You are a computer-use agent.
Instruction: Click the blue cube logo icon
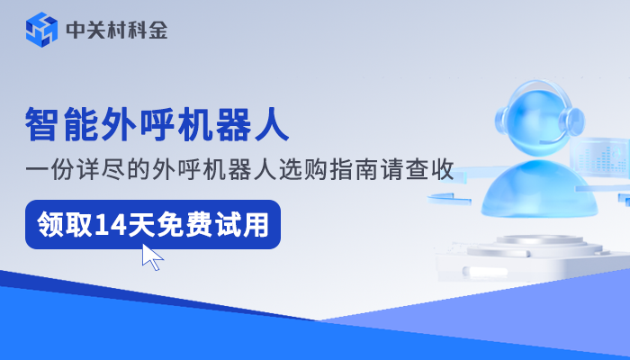42,30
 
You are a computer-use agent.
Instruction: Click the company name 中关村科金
117,31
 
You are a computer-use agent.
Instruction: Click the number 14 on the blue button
112,222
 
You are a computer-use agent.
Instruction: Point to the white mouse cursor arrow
152,257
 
